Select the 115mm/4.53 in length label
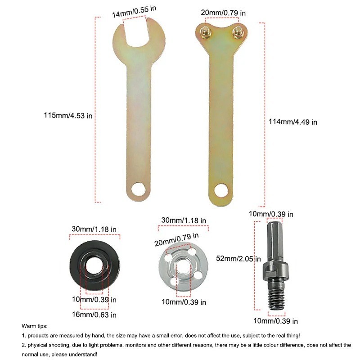click(68, 116)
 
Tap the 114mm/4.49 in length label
click(293, 122)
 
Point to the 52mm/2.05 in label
click(238, 259)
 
